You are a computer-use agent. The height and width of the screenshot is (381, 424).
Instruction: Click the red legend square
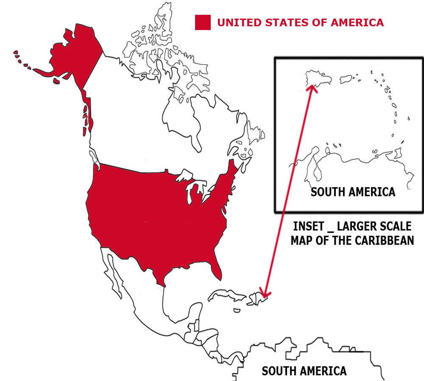(x=203, y=22)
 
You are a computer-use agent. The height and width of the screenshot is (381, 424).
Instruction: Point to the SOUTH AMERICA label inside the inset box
(x=353, y=192)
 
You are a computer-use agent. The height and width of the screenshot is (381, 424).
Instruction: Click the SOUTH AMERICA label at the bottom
(x=304, y=371)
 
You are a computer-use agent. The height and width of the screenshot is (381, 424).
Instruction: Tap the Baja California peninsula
(x=111, y=271)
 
